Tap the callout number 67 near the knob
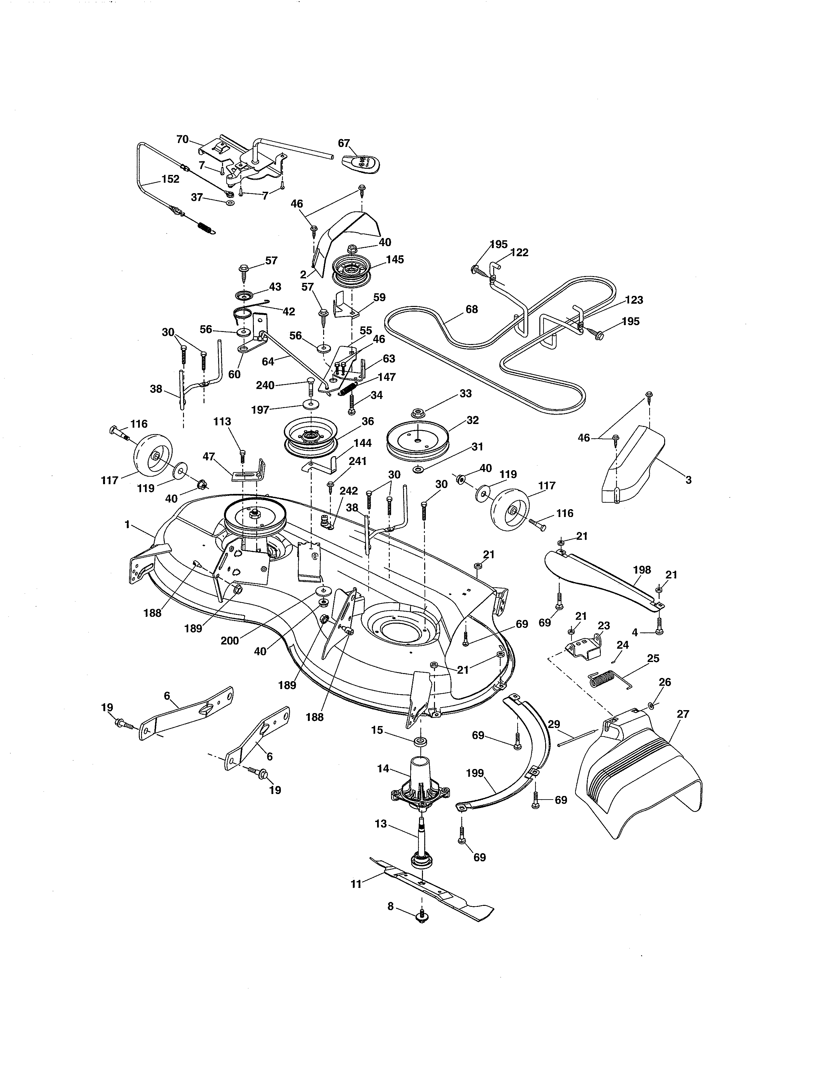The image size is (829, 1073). (344, 143)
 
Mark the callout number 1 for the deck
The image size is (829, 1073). (127, 525)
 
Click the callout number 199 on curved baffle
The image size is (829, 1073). (475, 773)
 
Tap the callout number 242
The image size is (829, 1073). (349, 491)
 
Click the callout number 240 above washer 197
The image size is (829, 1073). (265, 386)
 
